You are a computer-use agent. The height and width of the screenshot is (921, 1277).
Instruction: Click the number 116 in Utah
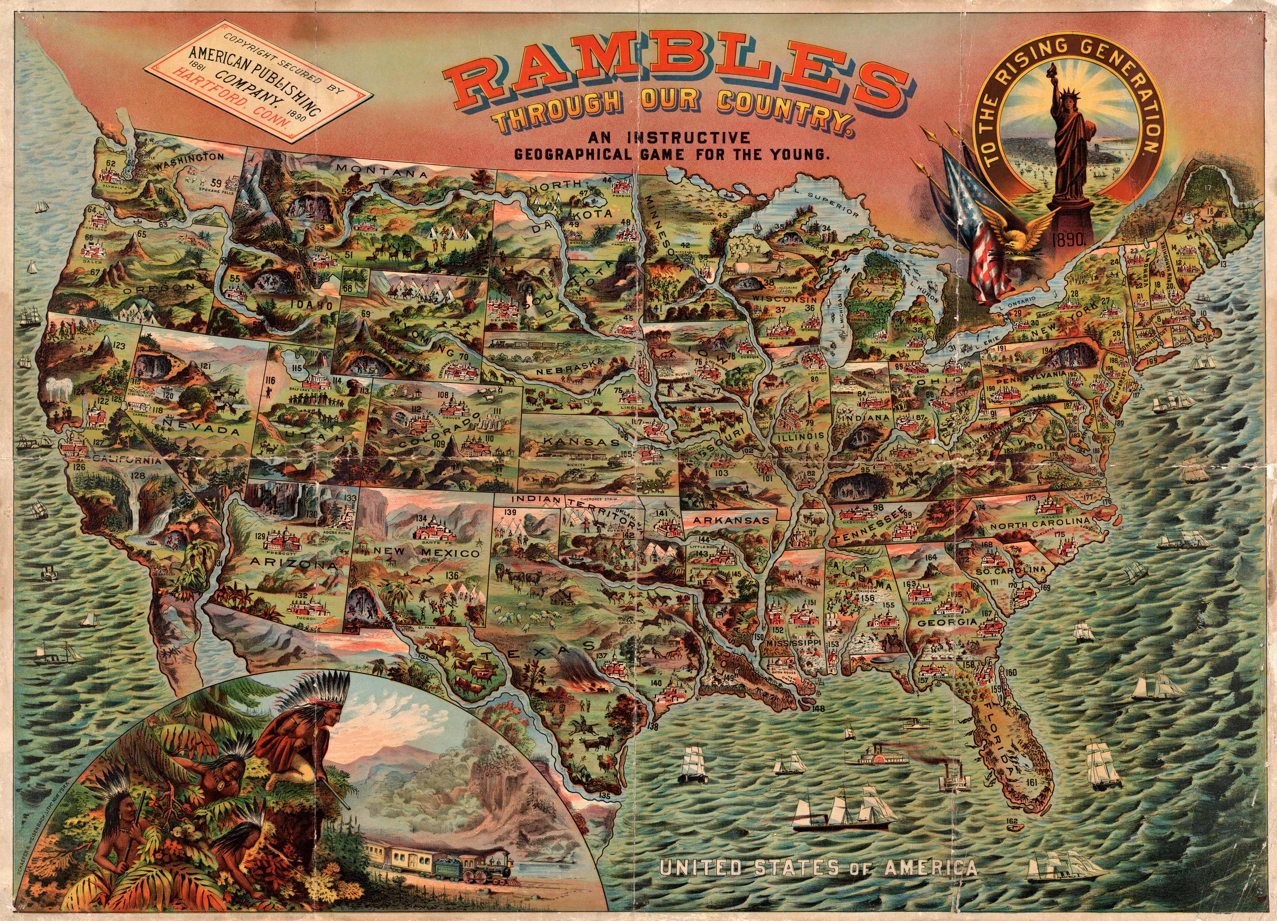(271, 381)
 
